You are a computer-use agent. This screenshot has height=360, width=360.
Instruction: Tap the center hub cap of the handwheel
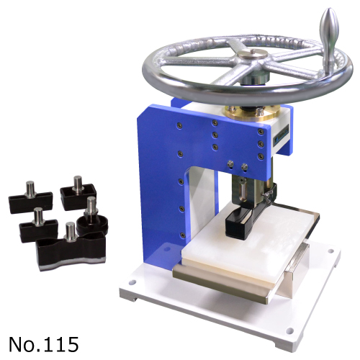tap(252, 54)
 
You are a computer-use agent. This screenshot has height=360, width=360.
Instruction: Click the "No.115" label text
tap(44, 344)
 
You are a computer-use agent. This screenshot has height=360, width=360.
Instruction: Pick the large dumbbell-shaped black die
tap(71, 251)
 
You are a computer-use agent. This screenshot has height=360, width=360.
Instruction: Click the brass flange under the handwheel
tap(252, 112)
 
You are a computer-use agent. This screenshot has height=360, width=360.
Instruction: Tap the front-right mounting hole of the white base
tap(290, 330)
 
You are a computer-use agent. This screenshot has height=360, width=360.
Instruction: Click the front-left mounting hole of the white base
tap(132, 282)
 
